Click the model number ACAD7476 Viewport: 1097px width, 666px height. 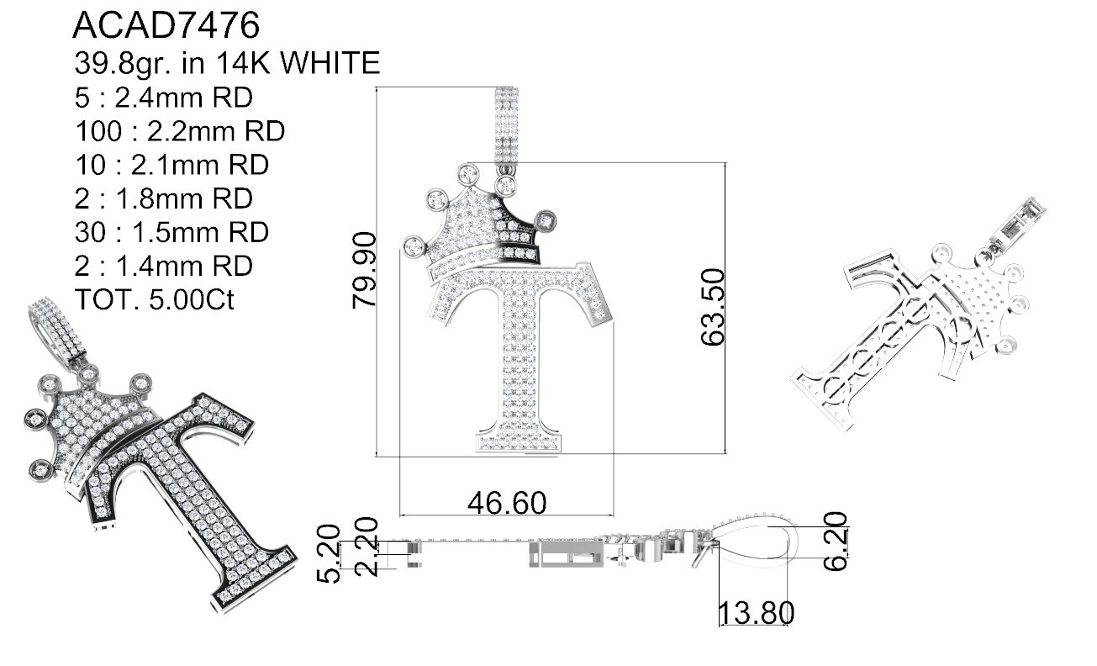[x=166, y=26]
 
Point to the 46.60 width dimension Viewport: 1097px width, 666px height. [x=506, y=503]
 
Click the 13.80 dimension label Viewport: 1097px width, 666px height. [x=755, y=612]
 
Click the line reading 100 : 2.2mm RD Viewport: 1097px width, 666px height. [x=179, y=131]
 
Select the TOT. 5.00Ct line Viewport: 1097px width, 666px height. [x=154, y=299]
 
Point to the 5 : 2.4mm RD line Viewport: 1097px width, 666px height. [x=163, y=98]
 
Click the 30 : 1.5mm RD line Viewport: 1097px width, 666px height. [x=171, y=232]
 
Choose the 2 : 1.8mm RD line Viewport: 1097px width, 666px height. [x=163, y=198]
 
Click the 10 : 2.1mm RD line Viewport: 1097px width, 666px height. [x=171, y=165]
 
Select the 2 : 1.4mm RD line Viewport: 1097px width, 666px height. [x=163, y=266]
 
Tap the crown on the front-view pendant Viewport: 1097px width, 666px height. [x=482, y=223]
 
